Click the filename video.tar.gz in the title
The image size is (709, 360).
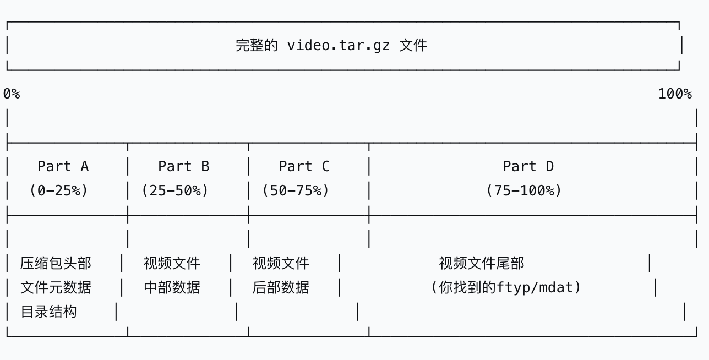338,45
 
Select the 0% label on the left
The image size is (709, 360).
12,94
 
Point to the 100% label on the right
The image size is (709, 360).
675,94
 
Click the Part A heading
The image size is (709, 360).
63,166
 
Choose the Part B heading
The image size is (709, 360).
183,166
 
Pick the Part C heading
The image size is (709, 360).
304,166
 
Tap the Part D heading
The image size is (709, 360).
528,166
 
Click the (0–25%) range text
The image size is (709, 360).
59,190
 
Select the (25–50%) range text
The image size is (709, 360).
175,190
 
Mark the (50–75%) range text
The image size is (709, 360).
296,190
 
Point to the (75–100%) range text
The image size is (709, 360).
523,190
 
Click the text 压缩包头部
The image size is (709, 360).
56,263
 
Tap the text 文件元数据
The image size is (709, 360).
56,287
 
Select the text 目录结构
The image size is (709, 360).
48,312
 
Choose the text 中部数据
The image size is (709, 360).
172,287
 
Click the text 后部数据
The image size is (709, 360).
281,287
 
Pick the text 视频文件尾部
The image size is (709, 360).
481,263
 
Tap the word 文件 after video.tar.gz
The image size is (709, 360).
413,45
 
